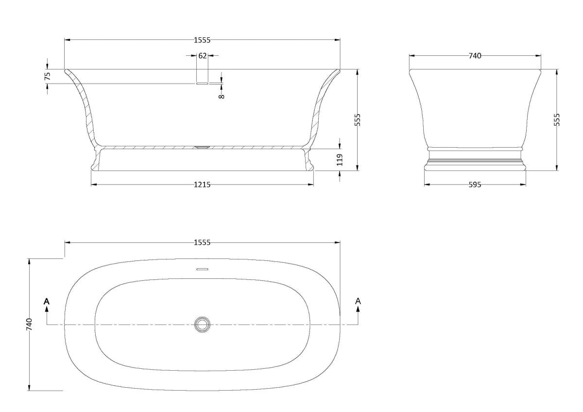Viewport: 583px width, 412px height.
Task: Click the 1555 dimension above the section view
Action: pos(202,40)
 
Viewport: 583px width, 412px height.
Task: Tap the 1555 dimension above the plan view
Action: pos(202,242)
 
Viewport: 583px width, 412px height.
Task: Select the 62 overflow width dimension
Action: pos(203,56)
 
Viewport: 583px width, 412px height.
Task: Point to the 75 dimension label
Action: pos(48,76)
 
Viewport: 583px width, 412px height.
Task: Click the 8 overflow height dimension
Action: pos(222,96)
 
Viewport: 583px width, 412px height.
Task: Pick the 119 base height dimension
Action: pos(340,160)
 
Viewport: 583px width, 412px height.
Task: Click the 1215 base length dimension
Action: pos(202,185)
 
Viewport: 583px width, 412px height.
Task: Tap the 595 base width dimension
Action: pos(475,185)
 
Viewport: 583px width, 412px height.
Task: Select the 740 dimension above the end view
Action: pos(475,56)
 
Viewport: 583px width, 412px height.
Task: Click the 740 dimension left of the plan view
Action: pos(30,324)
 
